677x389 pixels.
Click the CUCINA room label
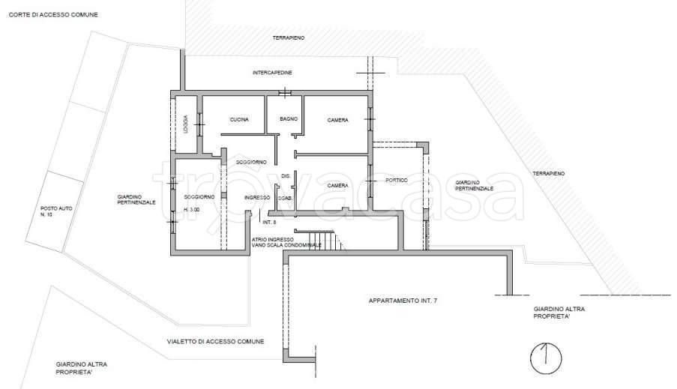click(239, 120)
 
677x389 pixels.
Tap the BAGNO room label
click(289, 118)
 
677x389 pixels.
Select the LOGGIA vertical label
click(185, 124)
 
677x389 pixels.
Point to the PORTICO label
click(397, 180)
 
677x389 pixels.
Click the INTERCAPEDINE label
click(272, 73)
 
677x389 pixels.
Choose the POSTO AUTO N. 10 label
click(56, 211)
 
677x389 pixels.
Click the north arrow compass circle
click(547, 358)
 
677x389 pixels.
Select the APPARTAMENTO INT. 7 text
click(403, 301)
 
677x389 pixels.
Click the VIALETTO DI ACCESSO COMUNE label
click(215, 342)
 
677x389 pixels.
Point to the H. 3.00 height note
click(192, 209)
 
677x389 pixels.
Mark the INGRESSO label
click(257, 197)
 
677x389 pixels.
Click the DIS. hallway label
click(286, 175)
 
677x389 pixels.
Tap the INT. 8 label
click(269, 222)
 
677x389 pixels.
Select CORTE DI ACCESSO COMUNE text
click(53, 15)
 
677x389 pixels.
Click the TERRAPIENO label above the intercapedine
click(289, 38)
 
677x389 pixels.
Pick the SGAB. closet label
click(286, 198)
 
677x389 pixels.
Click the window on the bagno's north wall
click(285, 92)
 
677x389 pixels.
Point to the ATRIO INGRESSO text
click(272, 240)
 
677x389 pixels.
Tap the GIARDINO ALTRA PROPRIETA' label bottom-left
click(81, 368)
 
